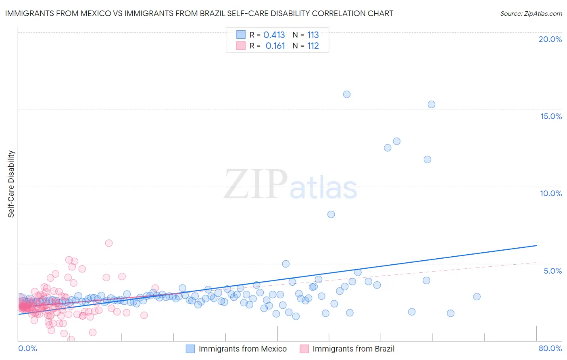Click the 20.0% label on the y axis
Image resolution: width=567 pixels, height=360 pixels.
(550, 39)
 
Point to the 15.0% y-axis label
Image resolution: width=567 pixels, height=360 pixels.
(551, 116)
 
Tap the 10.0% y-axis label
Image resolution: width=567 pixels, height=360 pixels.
(551, 193)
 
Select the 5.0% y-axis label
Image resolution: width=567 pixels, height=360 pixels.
(552, 271)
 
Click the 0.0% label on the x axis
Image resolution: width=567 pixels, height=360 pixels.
(27, 348)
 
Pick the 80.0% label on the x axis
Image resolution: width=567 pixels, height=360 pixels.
(550, 348)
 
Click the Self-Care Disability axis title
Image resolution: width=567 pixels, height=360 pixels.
(11, 184)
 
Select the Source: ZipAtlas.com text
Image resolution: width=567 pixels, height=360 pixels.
(531, 13)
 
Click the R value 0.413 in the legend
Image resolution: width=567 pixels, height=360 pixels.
(274, 35)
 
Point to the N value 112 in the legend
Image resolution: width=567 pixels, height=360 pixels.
(313, 46)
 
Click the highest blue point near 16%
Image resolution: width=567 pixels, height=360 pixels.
(347, 94)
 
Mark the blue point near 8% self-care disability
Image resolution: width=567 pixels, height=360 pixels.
(331, 214)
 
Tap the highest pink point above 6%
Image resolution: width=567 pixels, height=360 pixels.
(109, 243)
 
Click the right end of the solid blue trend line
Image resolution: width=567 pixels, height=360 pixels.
(536, 245)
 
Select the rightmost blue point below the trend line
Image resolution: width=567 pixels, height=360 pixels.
(477, 297)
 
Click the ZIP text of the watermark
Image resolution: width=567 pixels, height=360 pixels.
(255, 184)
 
